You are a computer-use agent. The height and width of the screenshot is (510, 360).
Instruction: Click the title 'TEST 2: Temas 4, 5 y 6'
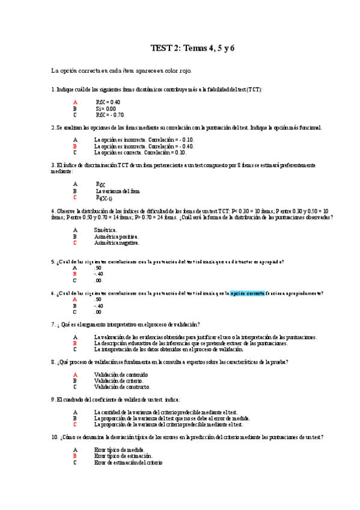(x=192, y=48)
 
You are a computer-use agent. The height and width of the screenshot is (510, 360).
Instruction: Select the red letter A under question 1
(x=75, y=102)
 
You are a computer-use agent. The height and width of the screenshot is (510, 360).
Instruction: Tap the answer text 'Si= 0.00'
(x=106, y=109)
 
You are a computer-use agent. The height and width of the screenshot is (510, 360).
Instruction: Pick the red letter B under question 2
(x=75, y=146)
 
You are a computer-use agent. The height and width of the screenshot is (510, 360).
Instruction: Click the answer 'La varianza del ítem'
(x=118, y=191)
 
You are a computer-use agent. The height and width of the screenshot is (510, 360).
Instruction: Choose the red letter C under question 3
(x=75, y=197)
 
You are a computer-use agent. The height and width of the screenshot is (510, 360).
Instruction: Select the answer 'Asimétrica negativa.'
(x=117, y=243)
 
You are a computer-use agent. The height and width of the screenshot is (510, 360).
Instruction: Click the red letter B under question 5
(x=75, y=274)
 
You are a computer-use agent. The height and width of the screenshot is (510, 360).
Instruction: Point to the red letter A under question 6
(x=75, y=299)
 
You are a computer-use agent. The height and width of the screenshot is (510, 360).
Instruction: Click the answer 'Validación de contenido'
(x=121, y=374)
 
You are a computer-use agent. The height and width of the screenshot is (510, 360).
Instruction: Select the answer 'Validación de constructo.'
(x=122, y=387)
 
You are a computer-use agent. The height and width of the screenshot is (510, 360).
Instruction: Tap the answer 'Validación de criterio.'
(x=118, y=381)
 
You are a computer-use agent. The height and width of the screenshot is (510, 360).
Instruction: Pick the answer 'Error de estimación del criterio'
(x=128, y=462)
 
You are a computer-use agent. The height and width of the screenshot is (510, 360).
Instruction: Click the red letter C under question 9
(x=75, y=424)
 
